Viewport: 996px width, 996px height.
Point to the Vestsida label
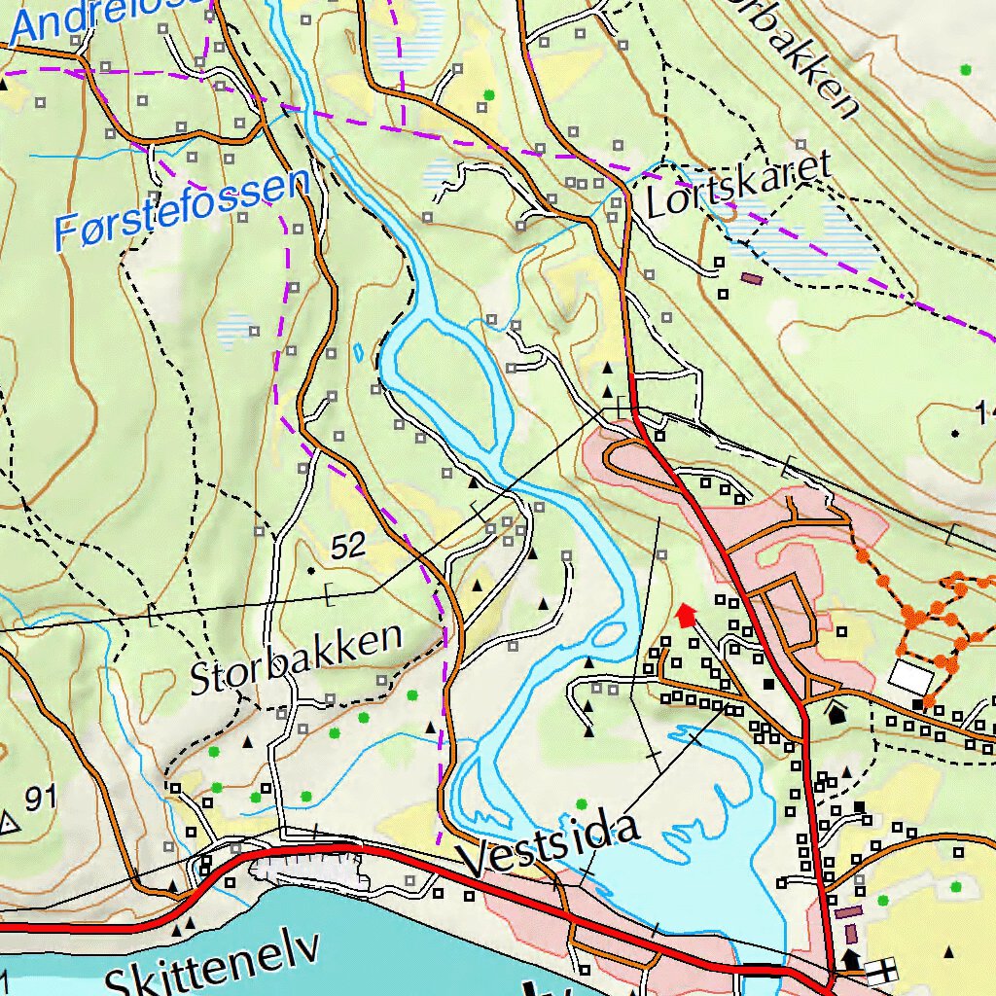click(x=551, y=845)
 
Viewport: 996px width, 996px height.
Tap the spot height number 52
click(x=347, y=547)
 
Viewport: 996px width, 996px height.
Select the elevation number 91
click(x=40, y=800)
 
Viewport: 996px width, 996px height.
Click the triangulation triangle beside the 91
click(x=10, y=824)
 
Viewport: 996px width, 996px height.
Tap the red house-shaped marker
click(x=686, y=615)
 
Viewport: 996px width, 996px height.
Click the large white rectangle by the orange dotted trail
click(x=911, y=677)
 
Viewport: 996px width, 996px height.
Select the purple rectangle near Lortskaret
click(x=751, y=277)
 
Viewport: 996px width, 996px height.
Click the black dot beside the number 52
click(x=311, y=569)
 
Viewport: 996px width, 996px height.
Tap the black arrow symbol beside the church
click(x=851, y=959)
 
